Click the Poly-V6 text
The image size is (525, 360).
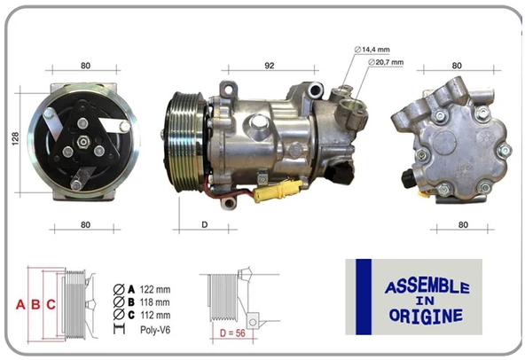pyautogui.click(x=155, y=331)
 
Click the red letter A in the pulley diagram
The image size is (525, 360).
pyautogui.click(x=20, y=304)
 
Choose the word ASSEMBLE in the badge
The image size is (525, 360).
pyautogui.click(x=427, y=287)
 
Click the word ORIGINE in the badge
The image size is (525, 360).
pyautogui.click(x=427, y=315)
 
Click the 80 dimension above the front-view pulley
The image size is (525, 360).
pyautogui.click(x=85, y=65)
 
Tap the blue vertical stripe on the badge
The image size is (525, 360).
pyautogui.click(x=362, y=297)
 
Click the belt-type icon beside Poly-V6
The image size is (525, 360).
pyautogui.click(x=119, y=331)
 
